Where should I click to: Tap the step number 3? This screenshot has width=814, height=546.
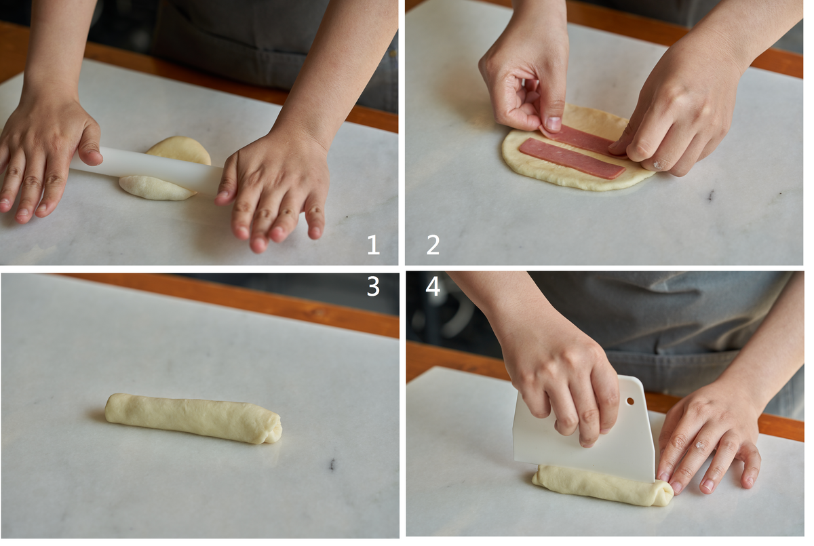373,286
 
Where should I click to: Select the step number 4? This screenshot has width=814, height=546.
433,286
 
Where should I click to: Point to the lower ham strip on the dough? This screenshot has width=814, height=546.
573,159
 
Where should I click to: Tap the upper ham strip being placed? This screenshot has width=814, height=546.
581,140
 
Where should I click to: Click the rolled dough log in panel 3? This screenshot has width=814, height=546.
193,418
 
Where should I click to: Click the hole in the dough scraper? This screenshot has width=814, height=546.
630,401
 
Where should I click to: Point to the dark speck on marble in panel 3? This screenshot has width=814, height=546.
332,464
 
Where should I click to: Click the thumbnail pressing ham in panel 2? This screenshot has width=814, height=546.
553,123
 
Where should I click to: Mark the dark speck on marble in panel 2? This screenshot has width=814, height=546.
711,195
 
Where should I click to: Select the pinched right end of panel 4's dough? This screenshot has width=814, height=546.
663,492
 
